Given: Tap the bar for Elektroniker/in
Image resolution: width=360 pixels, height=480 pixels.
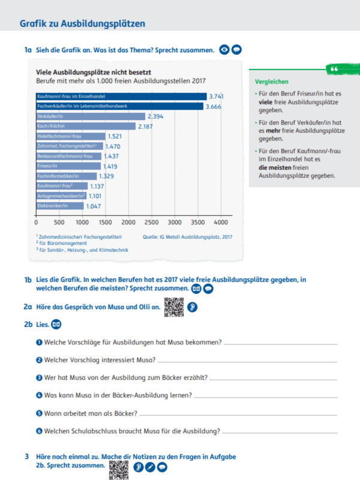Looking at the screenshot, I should click(x=60, y=206).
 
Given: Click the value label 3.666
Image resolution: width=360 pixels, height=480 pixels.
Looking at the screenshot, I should click(x=214, y=106).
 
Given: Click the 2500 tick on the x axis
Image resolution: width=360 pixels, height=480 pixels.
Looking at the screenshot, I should click(x=151, y=221).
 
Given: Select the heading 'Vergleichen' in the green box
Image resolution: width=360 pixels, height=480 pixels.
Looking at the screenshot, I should click(x=272, y=82).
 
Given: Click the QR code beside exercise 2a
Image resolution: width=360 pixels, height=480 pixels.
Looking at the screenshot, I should click(x=174, y=307).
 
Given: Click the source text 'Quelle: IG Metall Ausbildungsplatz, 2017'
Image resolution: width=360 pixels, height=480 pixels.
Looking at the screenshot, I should click(x=188, y=237).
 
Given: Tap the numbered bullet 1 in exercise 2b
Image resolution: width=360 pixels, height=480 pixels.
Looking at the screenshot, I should click(x=39, y=342).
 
